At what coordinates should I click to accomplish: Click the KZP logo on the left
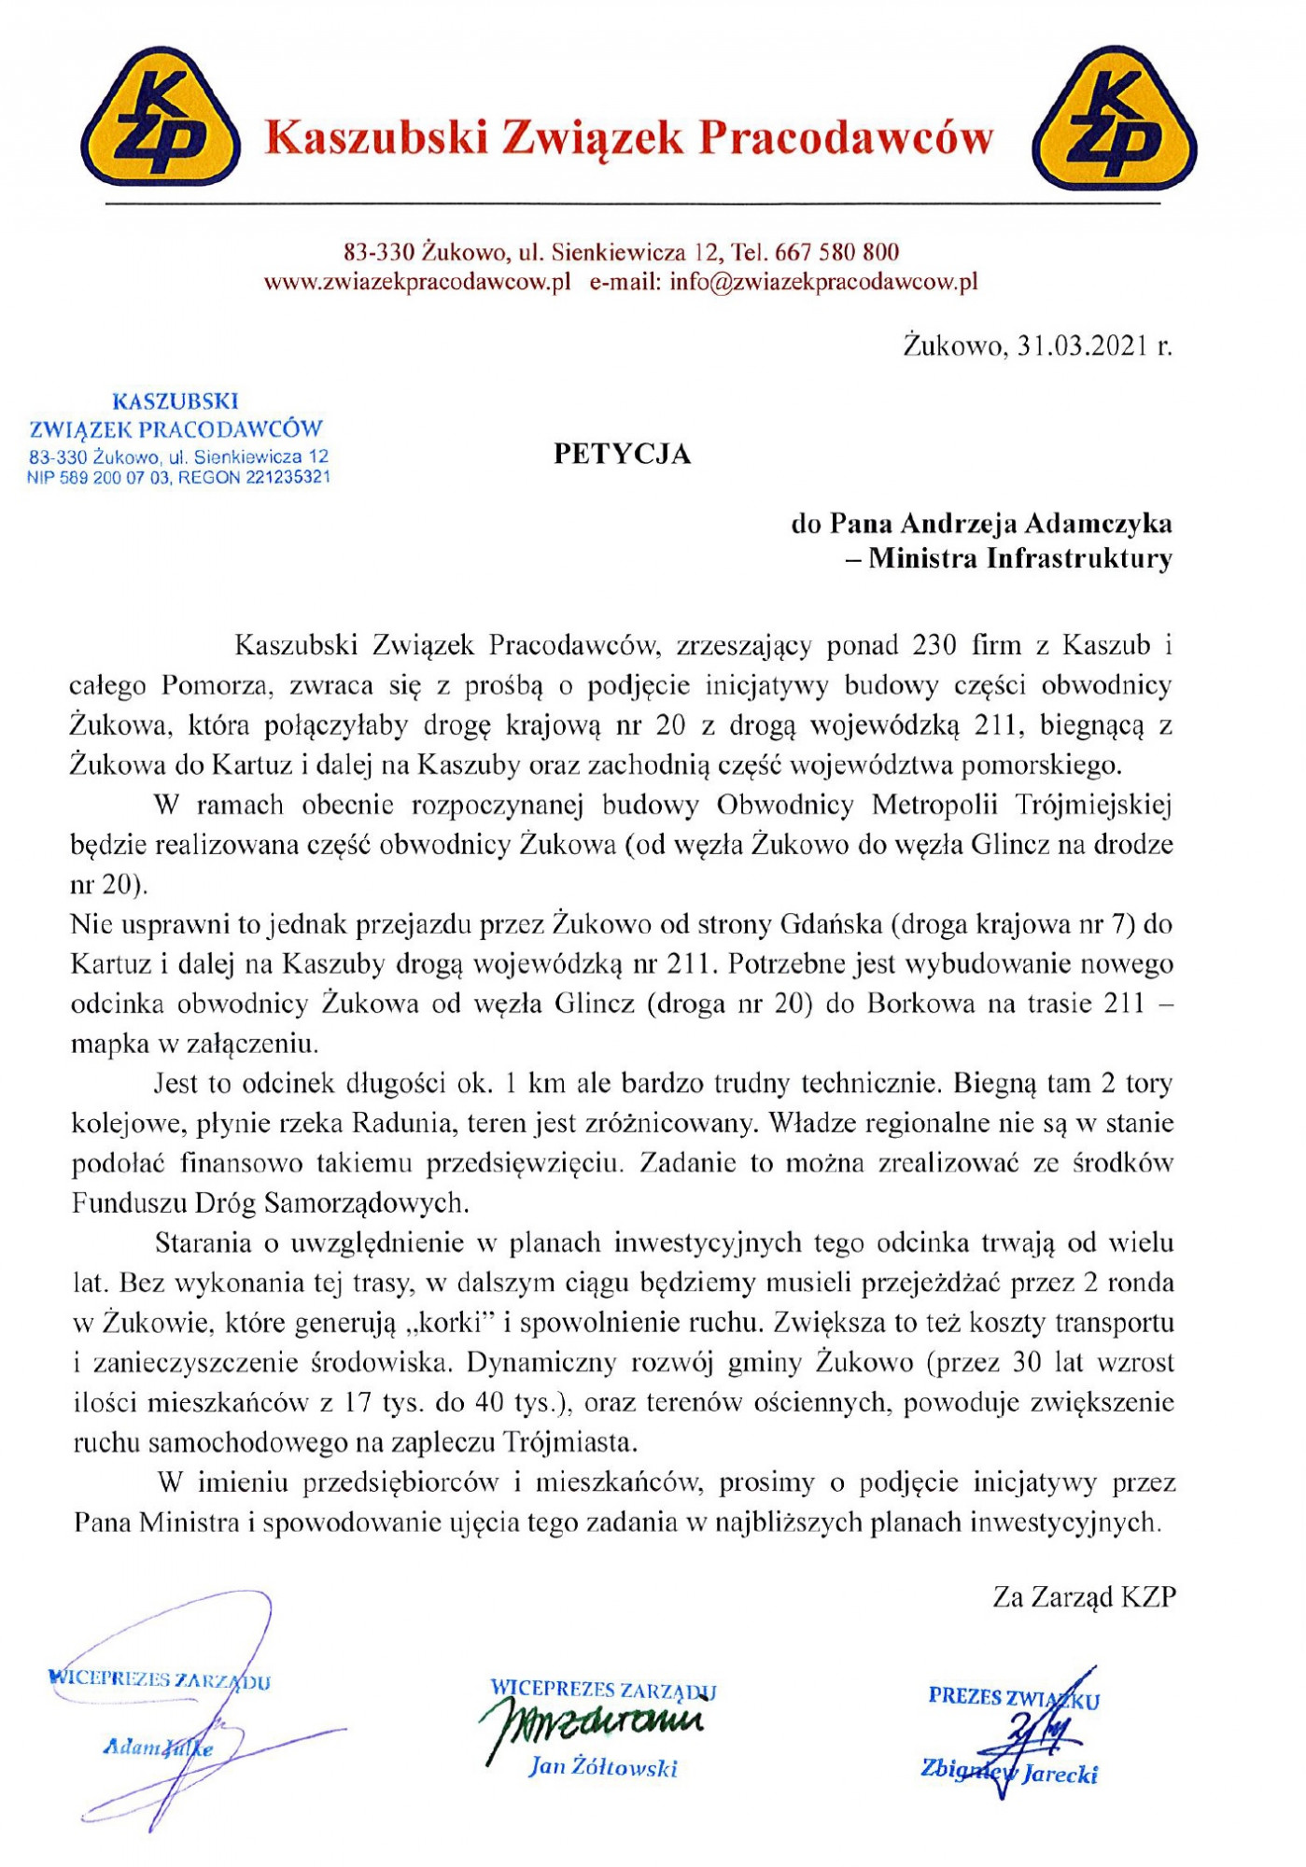point(161,118)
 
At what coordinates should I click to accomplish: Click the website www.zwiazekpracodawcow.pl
point(417,282)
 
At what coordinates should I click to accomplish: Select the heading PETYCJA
point(622,454)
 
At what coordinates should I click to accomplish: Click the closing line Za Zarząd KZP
point(1084,1597)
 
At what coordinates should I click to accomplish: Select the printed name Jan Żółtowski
point(603,1766)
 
